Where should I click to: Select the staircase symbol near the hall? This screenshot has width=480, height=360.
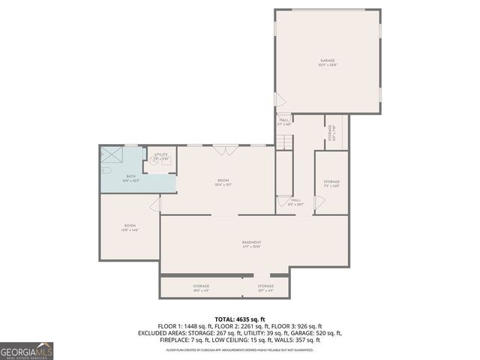coord(283,142)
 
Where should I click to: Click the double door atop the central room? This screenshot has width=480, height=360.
coord(223,151)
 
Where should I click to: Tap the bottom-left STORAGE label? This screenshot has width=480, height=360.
coord(200,286)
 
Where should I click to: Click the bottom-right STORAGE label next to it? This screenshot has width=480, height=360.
coord(266,286)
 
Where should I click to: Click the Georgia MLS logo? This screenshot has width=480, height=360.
coord(25,350)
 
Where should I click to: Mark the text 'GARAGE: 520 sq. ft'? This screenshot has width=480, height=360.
coord(317,333)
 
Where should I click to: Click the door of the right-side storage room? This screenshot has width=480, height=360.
coord(318,201)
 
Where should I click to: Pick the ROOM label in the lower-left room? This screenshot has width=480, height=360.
coord(130,226)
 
